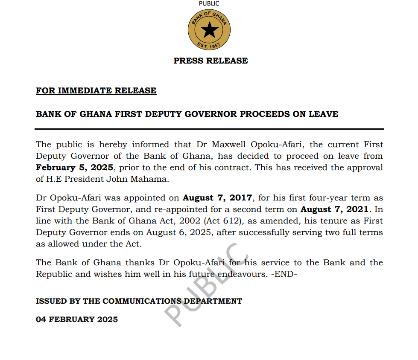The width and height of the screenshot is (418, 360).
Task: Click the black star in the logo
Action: coord(209,30)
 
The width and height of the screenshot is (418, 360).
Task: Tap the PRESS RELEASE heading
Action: coord(210,61)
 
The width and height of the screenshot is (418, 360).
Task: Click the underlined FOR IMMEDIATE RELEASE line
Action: coord(96,90)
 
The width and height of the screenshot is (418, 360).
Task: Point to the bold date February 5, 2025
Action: coord(74,168)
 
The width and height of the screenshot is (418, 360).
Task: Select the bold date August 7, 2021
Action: coord(334,209)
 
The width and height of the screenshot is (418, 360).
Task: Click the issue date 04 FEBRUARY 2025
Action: coord(77,319)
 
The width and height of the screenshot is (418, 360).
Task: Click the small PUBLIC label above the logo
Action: coord(209,3)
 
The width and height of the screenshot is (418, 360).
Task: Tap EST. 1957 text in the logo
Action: coord(209,45)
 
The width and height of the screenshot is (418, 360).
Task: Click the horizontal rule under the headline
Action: coord(209,129)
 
